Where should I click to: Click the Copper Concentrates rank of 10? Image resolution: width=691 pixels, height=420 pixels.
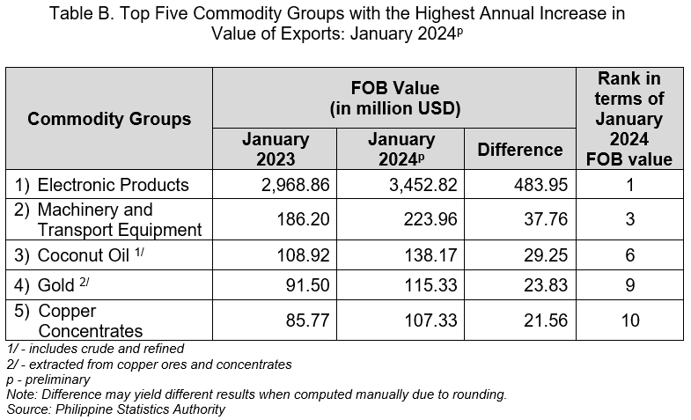629,321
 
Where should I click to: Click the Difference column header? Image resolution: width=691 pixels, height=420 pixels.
519,150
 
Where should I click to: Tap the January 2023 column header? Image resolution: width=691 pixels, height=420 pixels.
276,150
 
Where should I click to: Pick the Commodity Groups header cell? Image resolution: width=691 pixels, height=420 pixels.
109,119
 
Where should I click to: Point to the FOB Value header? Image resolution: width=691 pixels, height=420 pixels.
395,99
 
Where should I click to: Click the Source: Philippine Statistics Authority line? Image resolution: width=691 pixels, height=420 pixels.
116,409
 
